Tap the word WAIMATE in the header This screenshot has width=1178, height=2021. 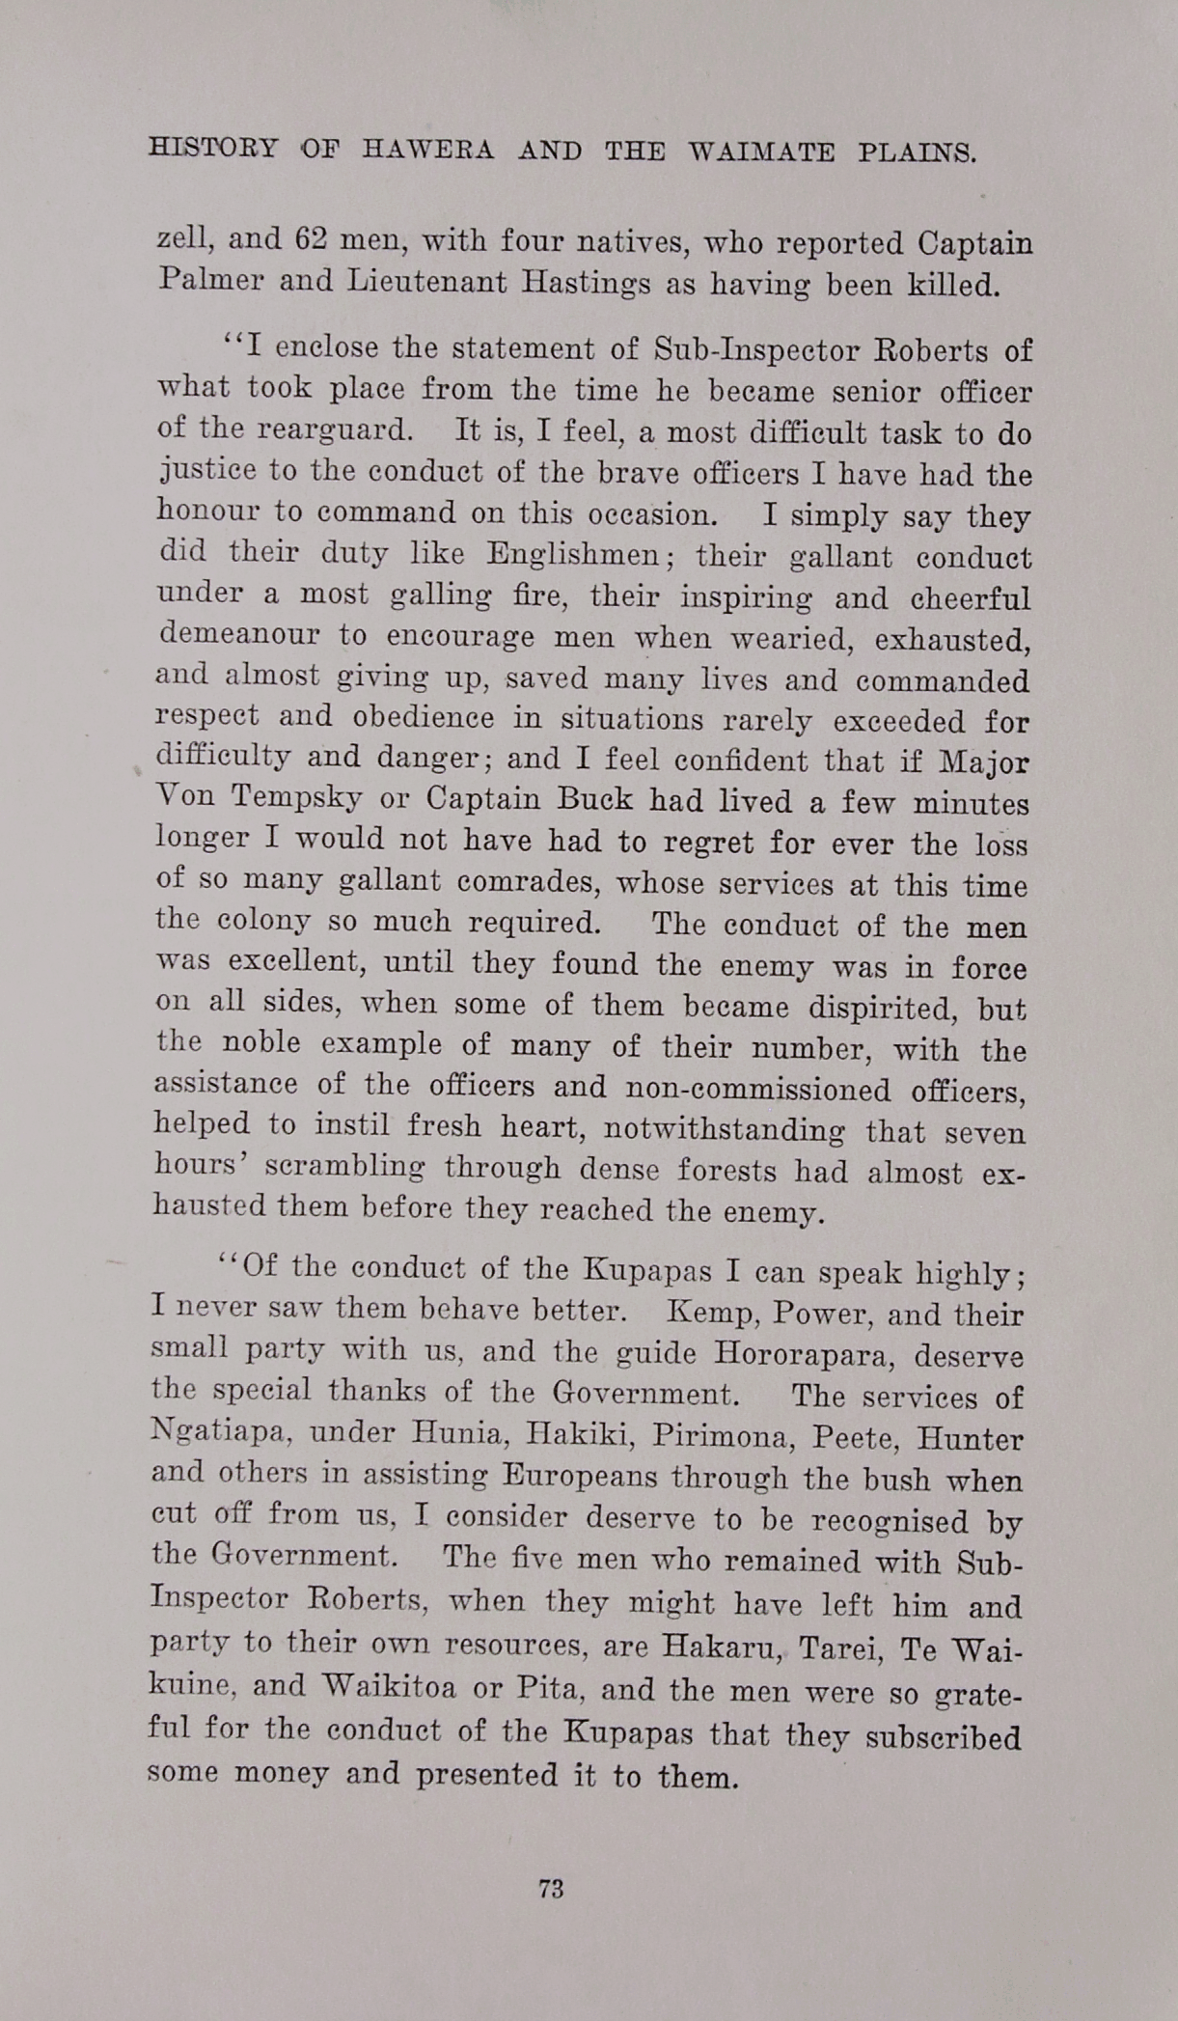point(761,152)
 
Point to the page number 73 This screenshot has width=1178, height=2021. point(551,1889)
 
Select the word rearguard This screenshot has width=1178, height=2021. point(322,429)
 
